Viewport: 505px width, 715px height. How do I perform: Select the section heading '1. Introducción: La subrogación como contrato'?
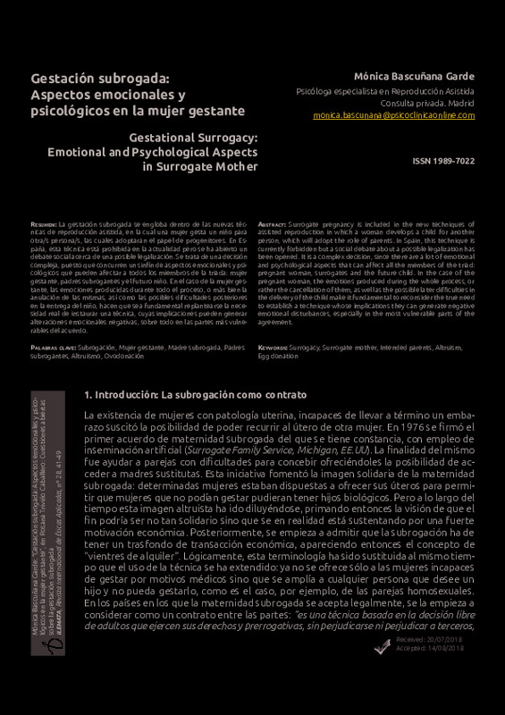click(x=195, y=394)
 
